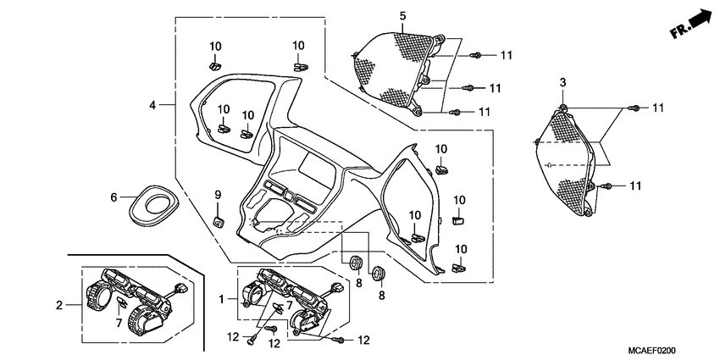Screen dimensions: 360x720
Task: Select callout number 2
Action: coord(59,305)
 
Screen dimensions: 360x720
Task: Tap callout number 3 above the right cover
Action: coord(562,81)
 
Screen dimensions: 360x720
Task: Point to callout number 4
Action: coord(152,105)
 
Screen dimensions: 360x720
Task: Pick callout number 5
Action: coord(403,16)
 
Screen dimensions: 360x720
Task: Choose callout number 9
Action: coord(217,195)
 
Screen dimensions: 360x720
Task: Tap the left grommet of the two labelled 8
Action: coord(354,258)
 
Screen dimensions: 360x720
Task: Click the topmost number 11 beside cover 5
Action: coord(507,55)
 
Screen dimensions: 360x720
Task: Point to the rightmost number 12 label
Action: coord(363,341)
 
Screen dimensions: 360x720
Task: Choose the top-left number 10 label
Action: coord(215,46)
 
